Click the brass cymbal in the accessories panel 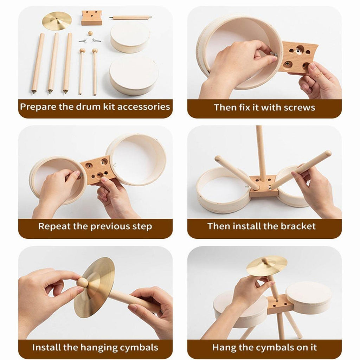57,21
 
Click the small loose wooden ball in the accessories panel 90,33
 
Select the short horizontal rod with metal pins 131,18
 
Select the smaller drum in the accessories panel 130,38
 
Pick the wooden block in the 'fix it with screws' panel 298,57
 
